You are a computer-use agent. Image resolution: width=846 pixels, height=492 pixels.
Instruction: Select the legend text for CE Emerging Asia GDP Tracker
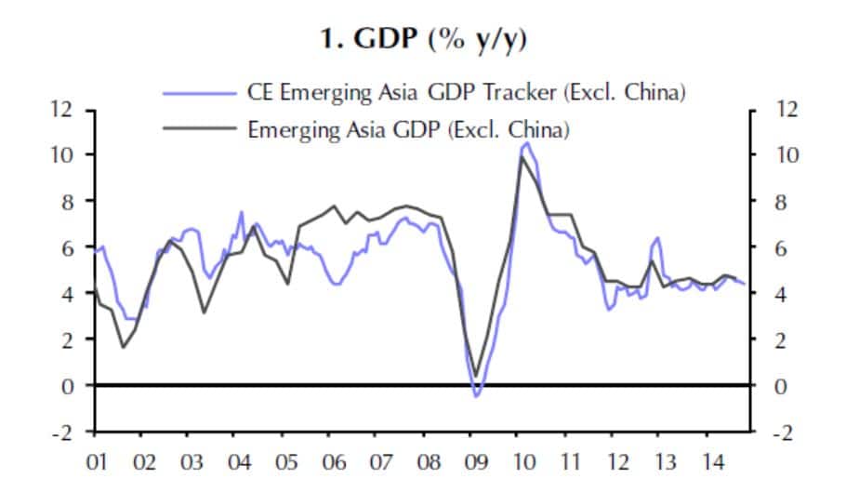[466, 93]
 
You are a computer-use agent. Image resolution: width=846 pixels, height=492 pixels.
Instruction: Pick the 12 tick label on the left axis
[61, 109]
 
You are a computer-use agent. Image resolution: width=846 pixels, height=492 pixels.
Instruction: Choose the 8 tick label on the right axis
[780, 201]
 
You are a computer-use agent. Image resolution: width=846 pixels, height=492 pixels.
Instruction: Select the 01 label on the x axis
[98, 461]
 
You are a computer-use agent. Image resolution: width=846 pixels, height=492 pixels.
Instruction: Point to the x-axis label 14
[714, 461]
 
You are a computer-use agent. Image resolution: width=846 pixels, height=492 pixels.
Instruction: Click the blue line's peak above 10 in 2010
[527, 143]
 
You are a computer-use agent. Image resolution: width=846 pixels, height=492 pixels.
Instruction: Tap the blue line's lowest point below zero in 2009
[477, 397]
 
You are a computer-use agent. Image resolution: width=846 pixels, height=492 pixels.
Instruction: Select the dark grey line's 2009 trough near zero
[476, 377]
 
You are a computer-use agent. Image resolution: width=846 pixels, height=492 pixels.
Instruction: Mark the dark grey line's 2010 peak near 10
[522, 156]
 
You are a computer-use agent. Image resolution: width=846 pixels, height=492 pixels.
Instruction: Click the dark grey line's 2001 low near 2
[123, 348]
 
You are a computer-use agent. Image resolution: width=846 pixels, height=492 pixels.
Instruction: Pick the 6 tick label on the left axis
[61, 247]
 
